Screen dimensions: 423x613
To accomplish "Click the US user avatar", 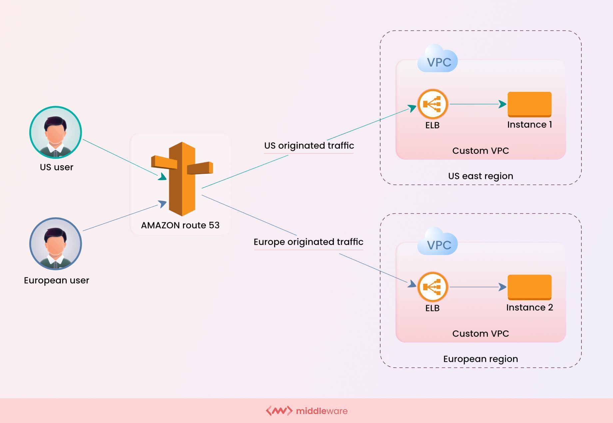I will pyautogui.click(x=56, y=132).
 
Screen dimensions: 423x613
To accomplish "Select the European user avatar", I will pyautogui.click(x=56, y=244).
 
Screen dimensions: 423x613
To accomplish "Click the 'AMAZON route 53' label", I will pyautogui.click(x=180, y=225).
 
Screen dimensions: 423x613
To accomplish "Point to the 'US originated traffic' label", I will pyautogui.click(x=309, y=146).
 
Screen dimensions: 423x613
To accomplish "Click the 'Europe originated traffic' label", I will pyautogui.click(x=308, y=242).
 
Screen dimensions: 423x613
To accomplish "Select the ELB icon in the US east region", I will pyautogui.click(x=432, y=104).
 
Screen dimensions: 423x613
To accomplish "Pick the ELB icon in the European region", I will pyautogui.click(x=432, y=287).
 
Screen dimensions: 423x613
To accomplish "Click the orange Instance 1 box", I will pyautogui.click(x=529, y=104).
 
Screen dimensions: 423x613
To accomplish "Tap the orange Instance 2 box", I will pyautogui.click(x=529, y=287).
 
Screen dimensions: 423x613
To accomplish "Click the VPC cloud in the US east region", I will pyautogui.click(x=438, y=60).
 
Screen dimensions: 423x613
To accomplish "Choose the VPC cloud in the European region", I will pyautogui.click(x=438, y=243).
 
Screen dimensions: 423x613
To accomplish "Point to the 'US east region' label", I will pyautogui.click(x=480, y=176).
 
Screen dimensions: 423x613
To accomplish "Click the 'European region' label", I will pyautogui.click(x=480, y=359).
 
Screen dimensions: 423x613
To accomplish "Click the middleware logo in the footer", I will pyautogui.click(x=306, y=411).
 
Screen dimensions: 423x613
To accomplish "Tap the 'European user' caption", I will pyautogui.click(x=56, y=281).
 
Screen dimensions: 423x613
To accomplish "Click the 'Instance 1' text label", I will pyautogui.click(x=529, y=125).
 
